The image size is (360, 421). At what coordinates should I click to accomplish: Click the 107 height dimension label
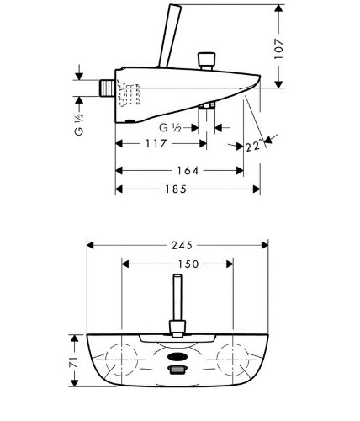[x=278, y=49]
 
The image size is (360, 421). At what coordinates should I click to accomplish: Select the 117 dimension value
[x=156, y=144]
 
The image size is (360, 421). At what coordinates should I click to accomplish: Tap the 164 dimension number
[x=188, y=171]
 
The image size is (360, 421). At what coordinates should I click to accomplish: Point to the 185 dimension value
[x=176, y=189]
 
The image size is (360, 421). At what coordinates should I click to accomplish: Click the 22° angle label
[x=255, y=147]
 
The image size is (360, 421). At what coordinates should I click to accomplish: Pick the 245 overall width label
[x=182, y=246]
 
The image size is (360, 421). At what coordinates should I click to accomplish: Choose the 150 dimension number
[x=188, y=264]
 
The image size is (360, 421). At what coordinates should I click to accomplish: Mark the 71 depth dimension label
[x=74, y=362]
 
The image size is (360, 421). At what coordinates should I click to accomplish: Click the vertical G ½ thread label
[x=79, y=125]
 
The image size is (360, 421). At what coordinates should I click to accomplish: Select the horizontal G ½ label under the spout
[x=170, y=128]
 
